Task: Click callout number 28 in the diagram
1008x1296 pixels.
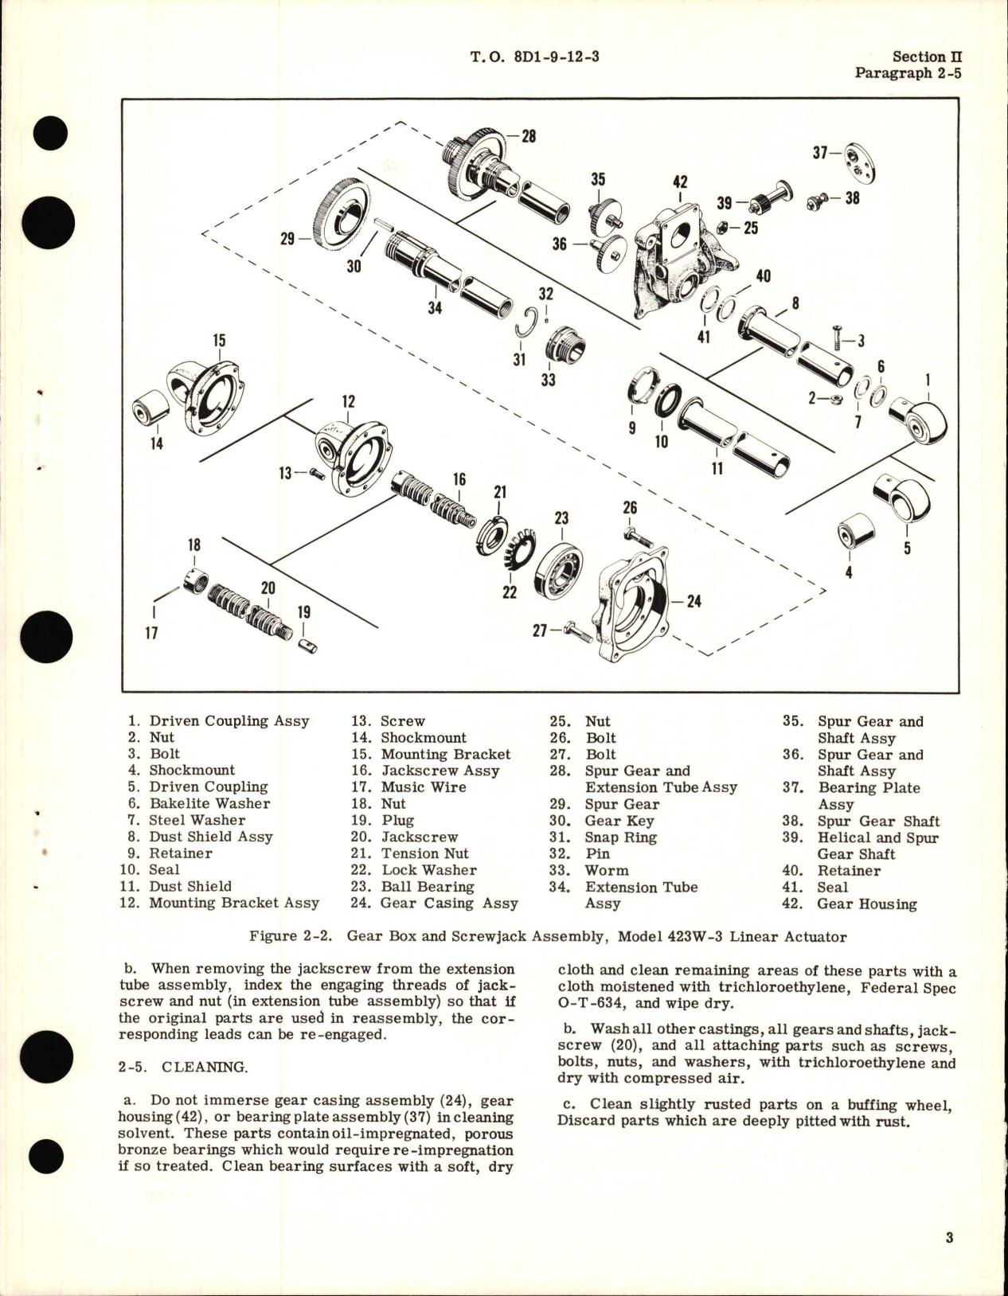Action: point(528,135)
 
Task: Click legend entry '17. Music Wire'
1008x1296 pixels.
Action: point(408,787)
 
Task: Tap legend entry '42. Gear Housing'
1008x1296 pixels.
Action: point(850,904)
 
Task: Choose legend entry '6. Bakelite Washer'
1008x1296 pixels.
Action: point(199,803)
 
